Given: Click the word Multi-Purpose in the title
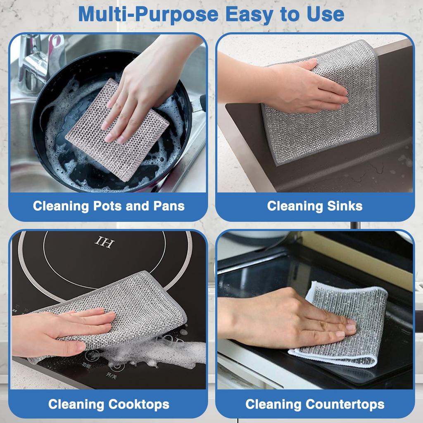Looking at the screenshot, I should point(149,15).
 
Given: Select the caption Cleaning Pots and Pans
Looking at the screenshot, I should point(109,206).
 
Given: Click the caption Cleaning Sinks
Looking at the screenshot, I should point(315,206).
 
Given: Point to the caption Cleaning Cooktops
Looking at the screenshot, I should point(109,404).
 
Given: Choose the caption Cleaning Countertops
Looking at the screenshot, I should point(315,404).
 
